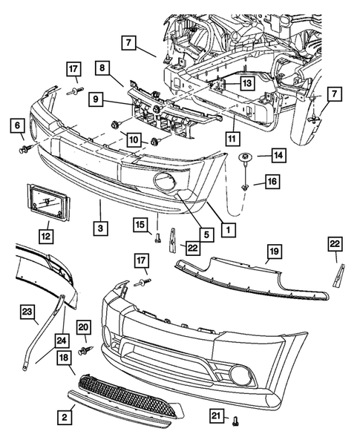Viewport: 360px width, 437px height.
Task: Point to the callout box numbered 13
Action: coord(245,84)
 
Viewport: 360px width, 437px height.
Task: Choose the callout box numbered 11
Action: coord(233,137)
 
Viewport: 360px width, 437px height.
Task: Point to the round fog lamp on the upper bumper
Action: coord(163,180)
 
